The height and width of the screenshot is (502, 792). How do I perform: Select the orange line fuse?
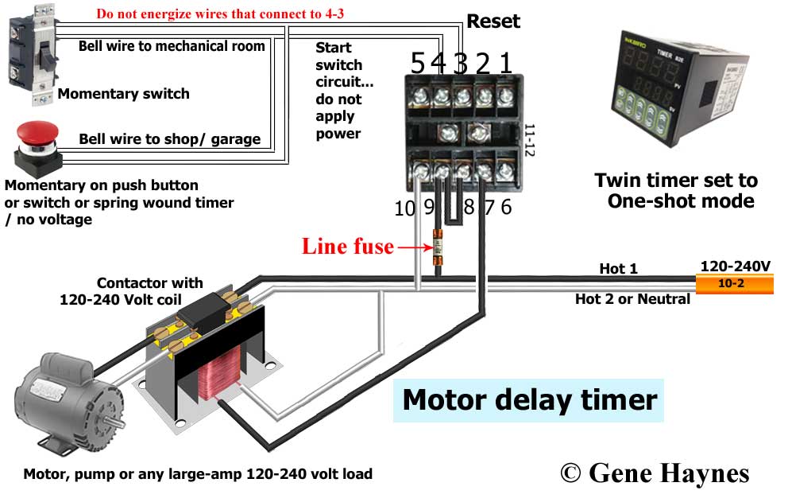pos(436,247)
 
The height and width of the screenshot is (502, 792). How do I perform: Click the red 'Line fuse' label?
pos(347,247)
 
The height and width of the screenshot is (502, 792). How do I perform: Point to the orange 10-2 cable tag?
pos(734,283)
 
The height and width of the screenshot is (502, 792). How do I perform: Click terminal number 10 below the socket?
pos(404,208)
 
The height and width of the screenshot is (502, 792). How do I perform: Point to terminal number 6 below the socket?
pos(506,208)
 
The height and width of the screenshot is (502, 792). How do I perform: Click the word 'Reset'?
pos(493,21)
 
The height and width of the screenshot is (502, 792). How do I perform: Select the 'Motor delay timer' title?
pos(529,399)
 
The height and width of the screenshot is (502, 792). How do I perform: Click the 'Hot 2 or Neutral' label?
pos(632,299)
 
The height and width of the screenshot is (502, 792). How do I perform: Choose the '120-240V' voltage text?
pos(735,266)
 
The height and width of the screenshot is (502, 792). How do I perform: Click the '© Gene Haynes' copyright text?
pos(655,473)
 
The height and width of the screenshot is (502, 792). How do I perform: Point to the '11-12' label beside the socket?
pos(530,139)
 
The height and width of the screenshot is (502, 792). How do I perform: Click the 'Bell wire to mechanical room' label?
pos(172,45)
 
